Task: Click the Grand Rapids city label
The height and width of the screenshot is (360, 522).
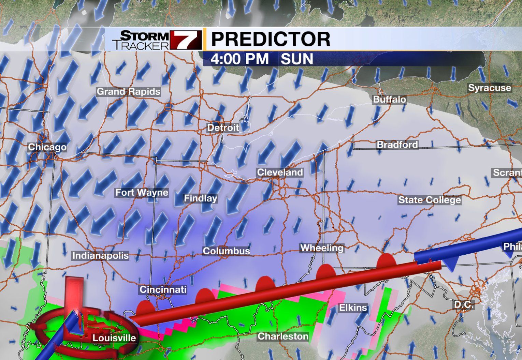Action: tap(128, 92)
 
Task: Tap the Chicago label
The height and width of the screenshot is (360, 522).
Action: tap(47, 147)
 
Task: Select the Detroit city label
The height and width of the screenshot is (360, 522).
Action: tap(223, 128)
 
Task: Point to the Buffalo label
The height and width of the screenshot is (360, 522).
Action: tap(389, 100)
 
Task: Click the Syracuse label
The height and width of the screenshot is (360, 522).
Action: tap(490, 88)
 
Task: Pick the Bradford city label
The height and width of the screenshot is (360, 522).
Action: tap(397, 145)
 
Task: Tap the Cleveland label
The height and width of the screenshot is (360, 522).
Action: tap(280, 172)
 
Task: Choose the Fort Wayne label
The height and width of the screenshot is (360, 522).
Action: tap(142, 193)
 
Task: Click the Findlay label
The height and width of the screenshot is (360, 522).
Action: tap(201, 198)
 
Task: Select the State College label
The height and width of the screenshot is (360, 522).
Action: tap(430, 200)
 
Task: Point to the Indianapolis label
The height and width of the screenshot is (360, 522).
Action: tap(100, 256)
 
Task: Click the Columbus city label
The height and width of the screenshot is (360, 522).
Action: tap(226, 251)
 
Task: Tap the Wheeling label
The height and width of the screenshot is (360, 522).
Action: tap(321, 248)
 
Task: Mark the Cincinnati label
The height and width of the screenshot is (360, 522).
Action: tap(163, 290)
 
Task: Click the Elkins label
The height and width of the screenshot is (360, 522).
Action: tap(353, 308)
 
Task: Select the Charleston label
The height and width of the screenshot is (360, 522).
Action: tap(283, 336)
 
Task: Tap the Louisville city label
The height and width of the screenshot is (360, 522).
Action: tap(114, 338)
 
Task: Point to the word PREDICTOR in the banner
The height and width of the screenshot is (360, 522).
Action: tap(271, 39)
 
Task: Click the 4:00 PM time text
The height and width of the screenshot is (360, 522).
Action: tap(240, 59)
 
